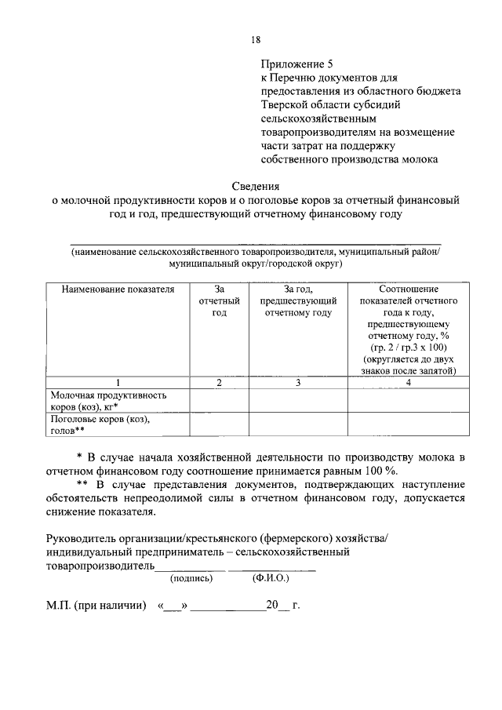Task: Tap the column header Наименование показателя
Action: tap(117, 289)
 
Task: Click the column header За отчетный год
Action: tap(219, 301)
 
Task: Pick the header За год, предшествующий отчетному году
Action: tap(298, 301)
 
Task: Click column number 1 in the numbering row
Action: tap(117, 382)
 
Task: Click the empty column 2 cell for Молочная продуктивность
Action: tap(219, 402)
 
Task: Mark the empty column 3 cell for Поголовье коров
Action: tap(298, 424)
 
